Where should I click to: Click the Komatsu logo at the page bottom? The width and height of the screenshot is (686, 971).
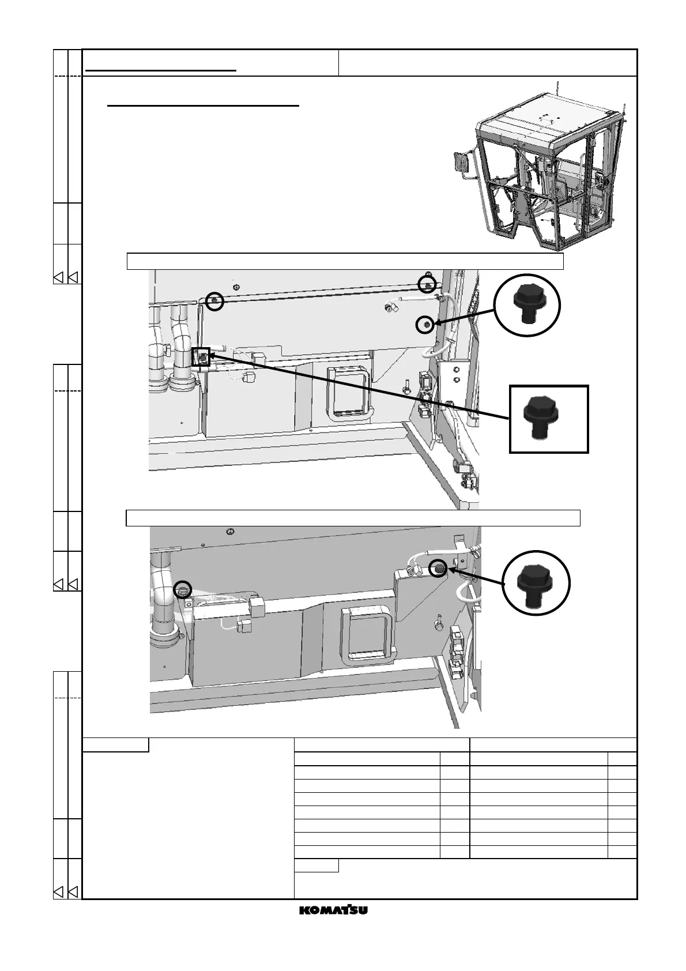(334, 909)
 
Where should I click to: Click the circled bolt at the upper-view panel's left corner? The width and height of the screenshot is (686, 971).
(214, 300)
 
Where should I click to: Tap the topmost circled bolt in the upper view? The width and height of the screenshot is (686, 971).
(427, 284)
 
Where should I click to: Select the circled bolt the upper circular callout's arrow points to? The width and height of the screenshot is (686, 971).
(425, 325)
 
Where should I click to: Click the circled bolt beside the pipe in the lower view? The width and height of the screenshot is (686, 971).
(183, 589)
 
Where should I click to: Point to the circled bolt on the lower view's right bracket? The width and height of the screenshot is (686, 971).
(439, 568)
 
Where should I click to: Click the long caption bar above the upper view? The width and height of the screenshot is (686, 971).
(345, 261)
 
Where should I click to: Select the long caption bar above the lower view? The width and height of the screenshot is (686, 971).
(353, 518)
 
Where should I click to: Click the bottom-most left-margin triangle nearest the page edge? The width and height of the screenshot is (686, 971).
(58, 892)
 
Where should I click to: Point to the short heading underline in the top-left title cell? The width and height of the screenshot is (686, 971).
(161, 70)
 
